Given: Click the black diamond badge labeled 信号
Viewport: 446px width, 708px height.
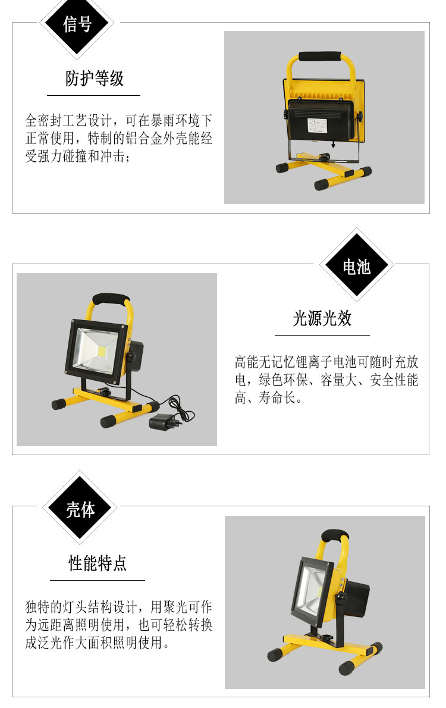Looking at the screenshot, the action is pyautogui.click(x=77, y=23).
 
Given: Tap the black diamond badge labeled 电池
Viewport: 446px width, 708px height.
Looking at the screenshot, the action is pyautogui.click(x=357, y=266).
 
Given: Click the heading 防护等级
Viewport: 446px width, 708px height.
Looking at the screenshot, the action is pyautogui.click(x=95, y=79).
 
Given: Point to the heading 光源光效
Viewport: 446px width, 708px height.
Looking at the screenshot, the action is pyautogui.click(x=322, y=318).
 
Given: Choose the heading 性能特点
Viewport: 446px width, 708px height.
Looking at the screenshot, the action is pyautogui.click(x=98, y=563).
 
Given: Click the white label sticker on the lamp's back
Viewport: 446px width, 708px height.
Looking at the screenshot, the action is pyautogui.click(x=319, y=125).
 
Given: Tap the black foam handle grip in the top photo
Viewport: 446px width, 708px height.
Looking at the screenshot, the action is pyautogui.click(x=319, y=57).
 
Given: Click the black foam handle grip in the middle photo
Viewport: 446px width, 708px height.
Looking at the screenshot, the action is pyautogui.click(x=110, y=299).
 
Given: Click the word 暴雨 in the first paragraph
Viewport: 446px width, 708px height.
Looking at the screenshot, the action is pyautogui.click(x=162, y=121).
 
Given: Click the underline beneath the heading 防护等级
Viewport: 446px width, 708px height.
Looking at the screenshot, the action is pyautogui.click(x=93, y=95).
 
